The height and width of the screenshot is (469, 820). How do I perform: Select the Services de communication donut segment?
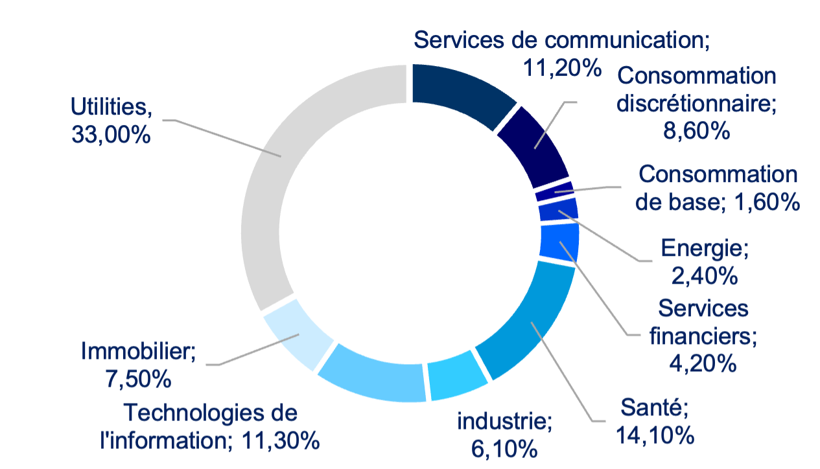point(460,91)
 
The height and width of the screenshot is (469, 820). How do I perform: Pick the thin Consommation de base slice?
point(555,191)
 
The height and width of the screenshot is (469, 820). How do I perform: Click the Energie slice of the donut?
point(558,211)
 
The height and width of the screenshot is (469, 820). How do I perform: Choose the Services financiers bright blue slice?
point(559,241)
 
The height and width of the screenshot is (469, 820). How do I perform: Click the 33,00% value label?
point(111,135)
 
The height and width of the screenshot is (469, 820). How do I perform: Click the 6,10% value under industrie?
point(504,447)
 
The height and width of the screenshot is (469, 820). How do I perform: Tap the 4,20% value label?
point(703,363)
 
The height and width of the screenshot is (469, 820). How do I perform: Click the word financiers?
point(703,336)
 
